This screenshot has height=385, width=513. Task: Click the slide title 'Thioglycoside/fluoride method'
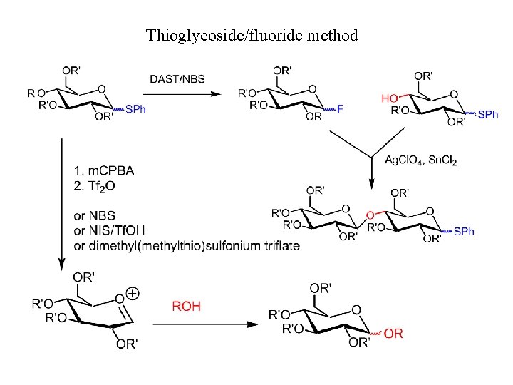pyautogui.click(x=252, y=34)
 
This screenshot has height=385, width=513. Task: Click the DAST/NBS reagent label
pyautogui.click(x=177, y=78)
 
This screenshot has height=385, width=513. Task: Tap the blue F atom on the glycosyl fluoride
pyautogui.click(x=340, y=109)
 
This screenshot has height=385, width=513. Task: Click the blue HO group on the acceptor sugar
pyautogui.click(x=390, y=98)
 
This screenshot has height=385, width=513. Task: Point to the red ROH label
pyautogui.click(x=187, y=306)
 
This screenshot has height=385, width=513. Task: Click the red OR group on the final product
pyautogui.click(x=393, y=334)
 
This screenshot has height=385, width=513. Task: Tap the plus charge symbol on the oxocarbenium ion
pyautogui.click(x=132, y=293)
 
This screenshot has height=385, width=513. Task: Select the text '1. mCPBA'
pyautogui.click(x=103, y=170)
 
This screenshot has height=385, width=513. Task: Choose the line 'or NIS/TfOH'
pyautogui.click(x=109, y=230)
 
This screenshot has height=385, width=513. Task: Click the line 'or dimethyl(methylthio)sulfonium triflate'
pyautogui.click(x=186, y=245)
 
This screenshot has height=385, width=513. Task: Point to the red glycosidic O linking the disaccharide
pyautogui.click(x=369, y=215)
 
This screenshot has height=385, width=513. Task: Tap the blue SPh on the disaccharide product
pyautogui.click(x=464, y=231)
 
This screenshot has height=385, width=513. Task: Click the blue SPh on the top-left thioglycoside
pyautogui.click(x=135, y=109)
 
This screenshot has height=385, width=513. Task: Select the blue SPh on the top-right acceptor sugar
pyautogui.click(x=487, y=114)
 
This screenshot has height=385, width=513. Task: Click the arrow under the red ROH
pyautogui.click(x=205, y=324)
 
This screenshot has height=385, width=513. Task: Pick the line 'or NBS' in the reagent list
pyautogui.click(x=94, y=215)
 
